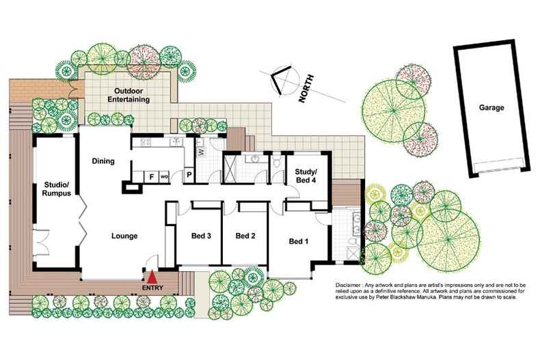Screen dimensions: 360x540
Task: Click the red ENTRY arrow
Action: [x=153, y=277]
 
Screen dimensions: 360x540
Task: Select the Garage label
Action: [x=491, y=108]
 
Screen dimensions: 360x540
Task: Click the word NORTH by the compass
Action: [x=307, y=89]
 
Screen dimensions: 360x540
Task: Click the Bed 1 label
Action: [x=299, y=241]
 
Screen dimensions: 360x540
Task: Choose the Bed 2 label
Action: [x=245, y=236]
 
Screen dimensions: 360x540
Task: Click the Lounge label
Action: [x=125, y=236]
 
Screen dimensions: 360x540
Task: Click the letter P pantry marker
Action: [x=189, y=176]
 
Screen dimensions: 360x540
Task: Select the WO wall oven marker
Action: [x=164, y=176]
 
